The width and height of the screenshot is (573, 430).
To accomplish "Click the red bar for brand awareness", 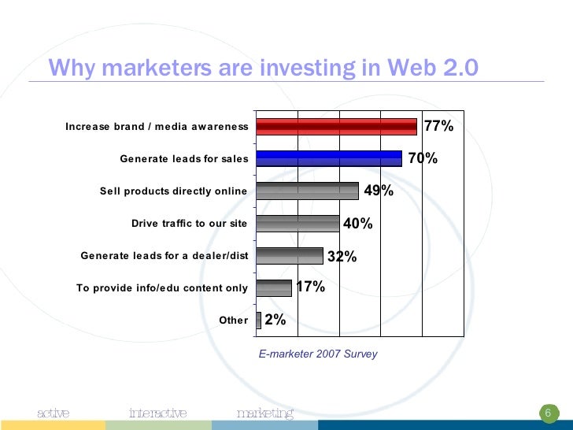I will coord(336,127).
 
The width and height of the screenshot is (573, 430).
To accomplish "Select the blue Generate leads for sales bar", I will coord(329,158).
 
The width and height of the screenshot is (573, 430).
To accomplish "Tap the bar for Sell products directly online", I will coord(307,191).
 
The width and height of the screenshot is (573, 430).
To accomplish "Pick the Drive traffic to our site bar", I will coord(298,224).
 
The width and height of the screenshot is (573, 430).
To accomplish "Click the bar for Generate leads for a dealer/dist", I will coord(290,256).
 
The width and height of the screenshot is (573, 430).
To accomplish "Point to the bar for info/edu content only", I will coord(274,287).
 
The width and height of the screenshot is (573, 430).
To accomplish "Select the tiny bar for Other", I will coord(258,320).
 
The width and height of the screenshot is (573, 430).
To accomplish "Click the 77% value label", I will coord(438,126).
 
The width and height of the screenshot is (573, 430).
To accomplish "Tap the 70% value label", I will coord(423,158).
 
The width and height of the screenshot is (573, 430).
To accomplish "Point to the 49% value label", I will coord(379,191).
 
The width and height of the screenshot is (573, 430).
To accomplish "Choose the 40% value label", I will coord(358,224).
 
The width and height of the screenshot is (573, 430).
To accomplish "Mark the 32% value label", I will coord(342,256).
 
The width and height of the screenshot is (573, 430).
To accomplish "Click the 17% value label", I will coord(310,287).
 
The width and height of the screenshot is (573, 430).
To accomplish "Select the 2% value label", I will coord(275,320).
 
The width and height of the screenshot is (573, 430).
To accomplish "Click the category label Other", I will coord(233,320).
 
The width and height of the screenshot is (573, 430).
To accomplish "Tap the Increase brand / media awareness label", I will coord(157,127).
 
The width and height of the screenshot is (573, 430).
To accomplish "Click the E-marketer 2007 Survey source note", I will coord(318,354).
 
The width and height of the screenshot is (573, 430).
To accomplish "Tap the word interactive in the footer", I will coord(157,413).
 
